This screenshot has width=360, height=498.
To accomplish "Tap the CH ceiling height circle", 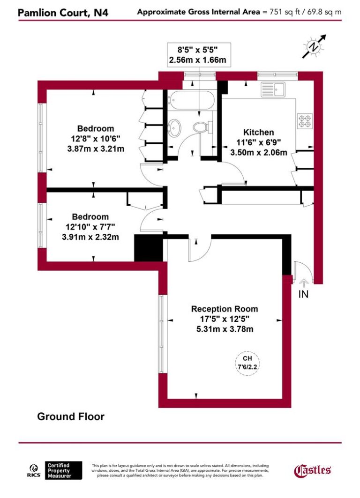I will coord(247,361).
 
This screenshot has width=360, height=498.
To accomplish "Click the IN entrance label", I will coord(304,294).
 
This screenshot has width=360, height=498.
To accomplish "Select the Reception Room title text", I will coord(225,309).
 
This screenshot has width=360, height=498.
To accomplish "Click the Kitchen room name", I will coord(258,133).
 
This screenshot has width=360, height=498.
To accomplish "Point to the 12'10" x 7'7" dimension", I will coord(90,227).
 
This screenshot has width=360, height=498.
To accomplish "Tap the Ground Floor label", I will coord(71,416).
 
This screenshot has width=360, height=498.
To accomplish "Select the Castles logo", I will coord(313,470).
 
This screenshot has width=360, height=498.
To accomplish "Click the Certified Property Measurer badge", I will coord(64,470).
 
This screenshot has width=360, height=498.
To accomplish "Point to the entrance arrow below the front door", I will coord(303,282).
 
